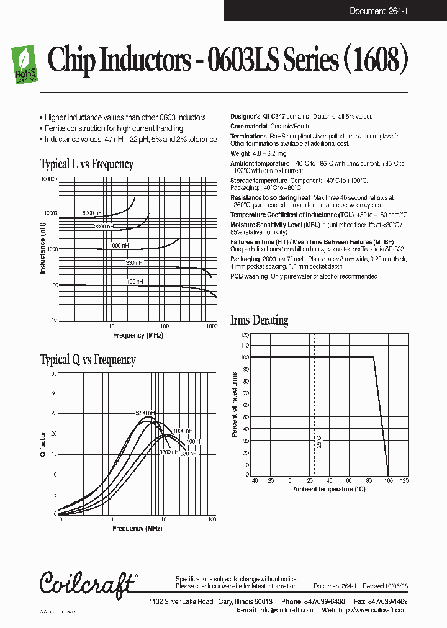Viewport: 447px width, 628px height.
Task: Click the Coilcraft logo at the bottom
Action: click(x=86, y=582)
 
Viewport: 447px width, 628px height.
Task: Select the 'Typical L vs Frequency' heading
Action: click(x=86, y=164)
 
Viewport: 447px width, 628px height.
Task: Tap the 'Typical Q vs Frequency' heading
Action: click(x=88, y=360)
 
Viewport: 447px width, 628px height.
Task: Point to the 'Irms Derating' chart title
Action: click(x=259, y=321)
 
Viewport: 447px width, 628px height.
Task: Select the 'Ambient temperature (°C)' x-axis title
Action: click(x=330, y=490)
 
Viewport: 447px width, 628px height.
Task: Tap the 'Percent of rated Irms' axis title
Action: click(x=234, y=405)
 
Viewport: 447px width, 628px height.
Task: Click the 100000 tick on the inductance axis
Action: click(x=48, y=179)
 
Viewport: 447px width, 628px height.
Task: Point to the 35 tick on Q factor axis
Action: click(x=53, y=374)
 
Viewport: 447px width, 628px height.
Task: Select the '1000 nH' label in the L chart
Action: click(x=119, y=246)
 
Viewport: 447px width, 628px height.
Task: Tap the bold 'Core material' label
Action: click(x=249, y=126)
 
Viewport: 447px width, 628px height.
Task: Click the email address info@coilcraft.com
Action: click(x=286, y=610)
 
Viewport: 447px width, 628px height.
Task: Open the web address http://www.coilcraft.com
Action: click(x=372, y=610)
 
